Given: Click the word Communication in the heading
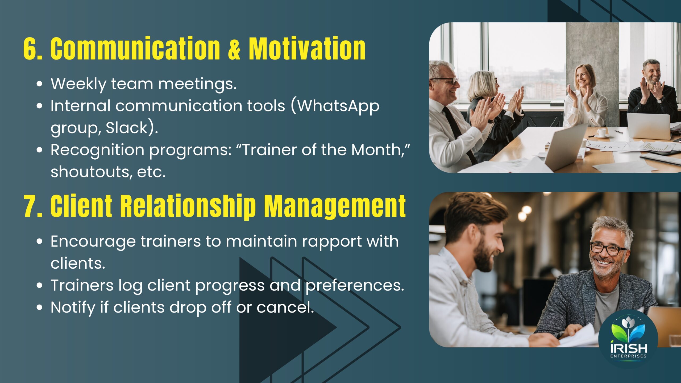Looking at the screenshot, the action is pos(135,48).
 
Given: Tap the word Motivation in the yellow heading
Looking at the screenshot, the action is pos(307,48).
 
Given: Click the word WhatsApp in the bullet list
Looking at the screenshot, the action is pos(338,107).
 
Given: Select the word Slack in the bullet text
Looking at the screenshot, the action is pos(127,127).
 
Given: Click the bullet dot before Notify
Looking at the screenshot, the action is pos(39,307).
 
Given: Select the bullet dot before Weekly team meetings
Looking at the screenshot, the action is pos(39,84).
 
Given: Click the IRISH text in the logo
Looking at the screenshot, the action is pos(629,348).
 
